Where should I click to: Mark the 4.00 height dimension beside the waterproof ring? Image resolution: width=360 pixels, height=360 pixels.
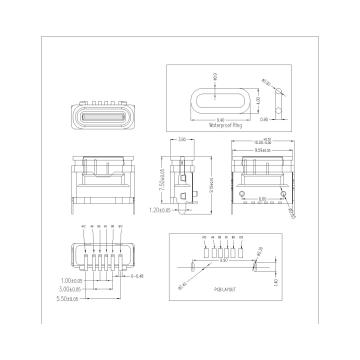259,100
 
